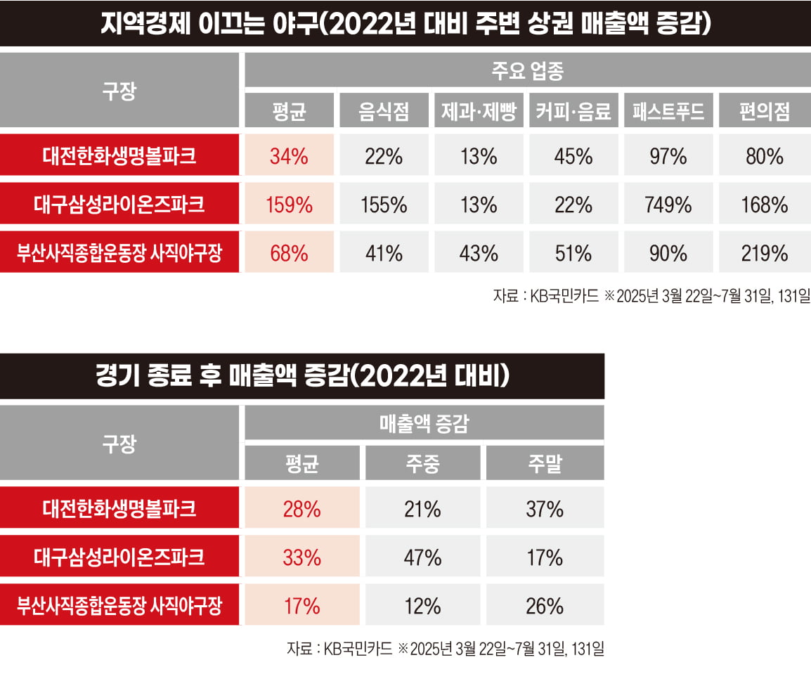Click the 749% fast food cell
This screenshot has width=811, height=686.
click(668, 205)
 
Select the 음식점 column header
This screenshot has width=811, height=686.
click(384, 111)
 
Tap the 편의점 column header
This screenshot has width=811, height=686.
click(764, 111)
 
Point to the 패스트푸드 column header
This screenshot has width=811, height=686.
click(668, 111)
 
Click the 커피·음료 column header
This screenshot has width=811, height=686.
click(573, 111)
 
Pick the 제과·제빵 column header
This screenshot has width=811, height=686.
click(479, 111)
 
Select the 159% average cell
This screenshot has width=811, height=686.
click(289, 205)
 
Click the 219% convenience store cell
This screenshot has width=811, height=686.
click(764, 252)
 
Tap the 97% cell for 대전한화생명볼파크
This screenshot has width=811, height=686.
click(668, 156)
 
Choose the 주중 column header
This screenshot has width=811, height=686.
click(422, 463)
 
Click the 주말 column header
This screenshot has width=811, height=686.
click(545, 463)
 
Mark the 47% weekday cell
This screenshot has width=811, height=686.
click(422, 557)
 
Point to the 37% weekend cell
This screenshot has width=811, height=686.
click(545, 508)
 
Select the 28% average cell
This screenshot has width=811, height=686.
click(301, 508)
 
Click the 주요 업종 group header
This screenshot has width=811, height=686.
click(527, 72)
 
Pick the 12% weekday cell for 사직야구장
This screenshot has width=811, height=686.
click(422, 605)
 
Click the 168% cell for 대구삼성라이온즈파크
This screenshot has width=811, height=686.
click(764, 205)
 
